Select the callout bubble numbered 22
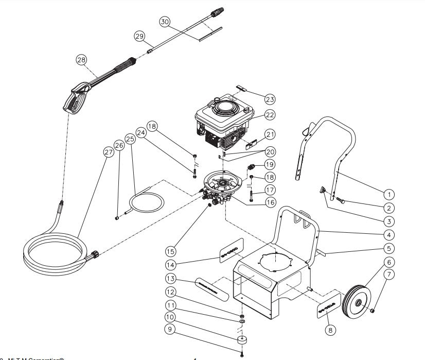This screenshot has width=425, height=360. coord(270,115)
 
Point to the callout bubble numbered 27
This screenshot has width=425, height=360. coord(108,152)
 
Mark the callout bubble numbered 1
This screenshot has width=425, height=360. coord(389,195)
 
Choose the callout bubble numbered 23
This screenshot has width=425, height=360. coord(270,98)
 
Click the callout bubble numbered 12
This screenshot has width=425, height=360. coord(170,292)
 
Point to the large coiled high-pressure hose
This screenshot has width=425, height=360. coord(57,252)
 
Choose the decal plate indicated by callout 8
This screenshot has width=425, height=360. coord(327,307)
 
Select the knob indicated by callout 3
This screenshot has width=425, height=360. coord(321,191)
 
